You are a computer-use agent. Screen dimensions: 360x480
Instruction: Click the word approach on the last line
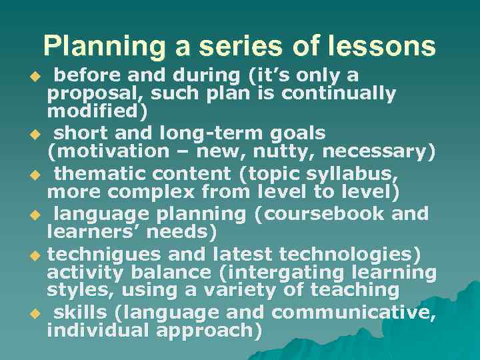pos(208,330)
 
